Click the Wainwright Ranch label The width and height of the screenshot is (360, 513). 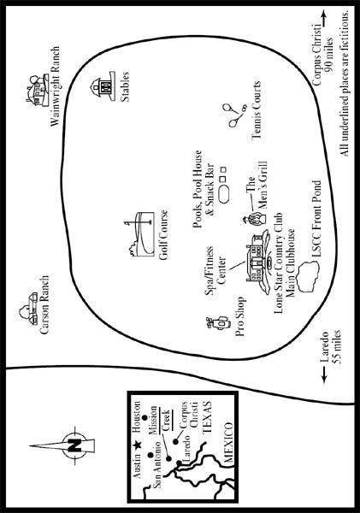(55, 86)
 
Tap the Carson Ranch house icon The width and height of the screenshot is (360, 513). (28, 309)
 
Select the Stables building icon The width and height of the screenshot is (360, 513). (103, 86)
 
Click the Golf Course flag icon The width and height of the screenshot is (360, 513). (140, 233)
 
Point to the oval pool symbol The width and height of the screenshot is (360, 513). (224, 194)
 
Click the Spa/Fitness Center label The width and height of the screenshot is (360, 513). (215, 270)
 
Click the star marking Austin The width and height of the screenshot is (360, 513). (138, 445)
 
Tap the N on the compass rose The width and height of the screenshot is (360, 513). (74, 445)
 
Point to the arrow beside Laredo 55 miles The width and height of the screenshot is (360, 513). (325, 374)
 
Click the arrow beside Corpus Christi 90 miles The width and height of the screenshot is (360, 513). (324, 18)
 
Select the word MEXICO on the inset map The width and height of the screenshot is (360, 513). (228, 442)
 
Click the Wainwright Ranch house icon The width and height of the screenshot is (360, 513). (38, 90)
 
